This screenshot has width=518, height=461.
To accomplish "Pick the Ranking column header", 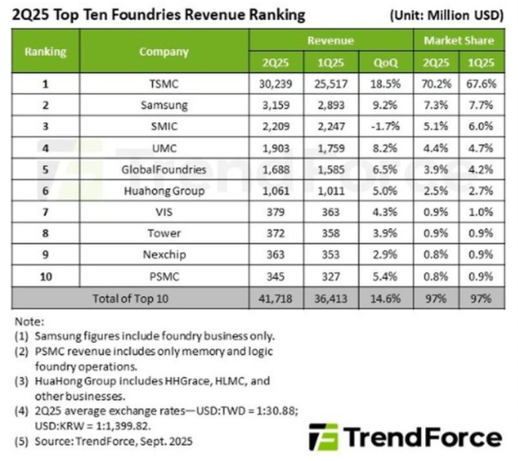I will click(45, 51).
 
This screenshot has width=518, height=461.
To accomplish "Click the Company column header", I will click(164, 51).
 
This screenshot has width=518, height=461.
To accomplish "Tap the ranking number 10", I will click(45, 276).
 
